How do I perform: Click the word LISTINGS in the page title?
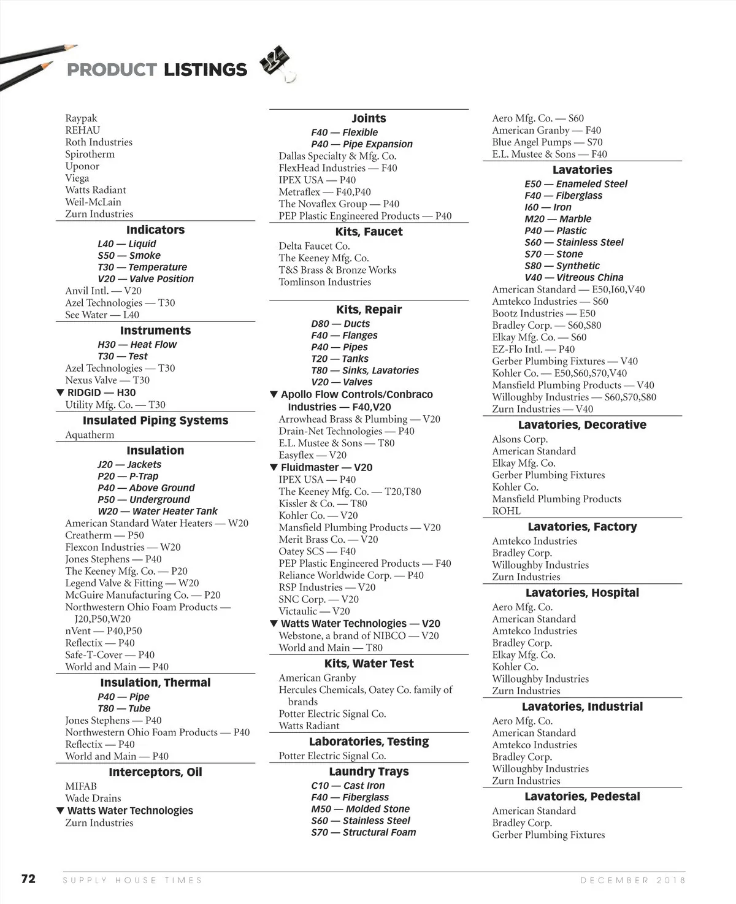click(205, 70)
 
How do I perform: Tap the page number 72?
click(28, 879)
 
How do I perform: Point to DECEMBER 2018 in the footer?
click(632, 880)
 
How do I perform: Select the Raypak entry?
click(81, 118)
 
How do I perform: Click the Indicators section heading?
click(155, 230)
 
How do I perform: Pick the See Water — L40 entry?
click(102, 315)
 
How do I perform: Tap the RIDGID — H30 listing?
click(101, 393)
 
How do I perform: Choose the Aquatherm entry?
click(90, 435)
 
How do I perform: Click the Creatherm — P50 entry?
click(104, 535)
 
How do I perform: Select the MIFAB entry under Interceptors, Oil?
click(81, 786)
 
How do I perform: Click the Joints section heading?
click(369, 118)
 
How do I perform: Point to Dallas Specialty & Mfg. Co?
click(337, 156)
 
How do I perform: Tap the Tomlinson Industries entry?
click(324, 282)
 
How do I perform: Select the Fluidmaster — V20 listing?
click(326, 467)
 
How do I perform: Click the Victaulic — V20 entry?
click(314, 611)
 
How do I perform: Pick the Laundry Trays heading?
click(369, 772)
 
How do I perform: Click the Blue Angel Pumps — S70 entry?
click(547, 142)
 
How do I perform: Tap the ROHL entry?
click(506, 511)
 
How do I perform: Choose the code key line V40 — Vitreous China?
click(573, 277)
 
